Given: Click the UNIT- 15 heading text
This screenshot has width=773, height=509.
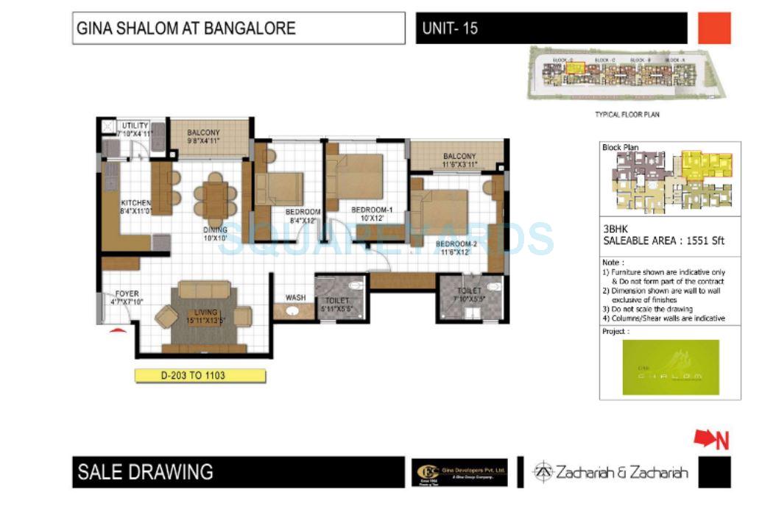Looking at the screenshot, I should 450,29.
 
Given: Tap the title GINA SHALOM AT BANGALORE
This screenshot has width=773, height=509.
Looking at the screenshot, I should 186,29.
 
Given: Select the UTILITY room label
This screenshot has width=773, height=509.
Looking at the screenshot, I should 135,126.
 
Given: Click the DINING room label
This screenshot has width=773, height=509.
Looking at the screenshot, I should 215,229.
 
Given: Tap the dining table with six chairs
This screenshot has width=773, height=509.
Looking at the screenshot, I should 216,199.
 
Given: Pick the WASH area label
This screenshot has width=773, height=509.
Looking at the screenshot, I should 295,298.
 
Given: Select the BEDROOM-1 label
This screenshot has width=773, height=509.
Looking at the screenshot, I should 372,210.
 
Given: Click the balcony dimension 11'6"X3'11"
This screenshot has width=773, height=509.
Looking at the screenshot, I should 459,165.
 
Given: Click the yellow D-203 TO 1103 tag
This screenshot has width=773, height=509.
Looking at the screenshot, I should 200,375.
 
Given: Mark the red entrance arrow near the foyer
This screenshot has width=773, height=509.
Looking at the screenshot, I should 115,331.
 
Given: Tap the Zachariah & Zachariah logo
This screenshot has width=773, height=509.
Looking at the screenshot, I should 610,471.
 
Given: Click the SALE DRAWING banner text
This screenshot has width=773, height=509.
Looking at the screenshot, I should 145,471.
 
